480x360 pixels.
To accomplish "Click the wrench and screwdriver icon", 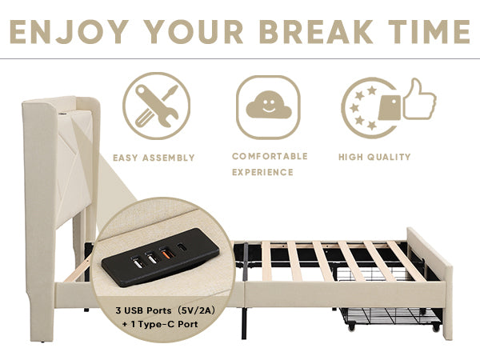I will (x=158, y=106).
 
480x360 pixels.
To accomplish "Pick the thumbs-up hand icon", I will (x=419, y=99).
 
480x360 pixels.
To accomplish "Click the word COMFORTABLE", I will (x=270, y=156).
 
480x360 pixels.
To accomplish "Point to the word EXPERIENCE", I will (x=262, y=172).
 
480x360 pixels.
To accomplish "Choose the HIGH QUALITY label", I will (x=374, y=158).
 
